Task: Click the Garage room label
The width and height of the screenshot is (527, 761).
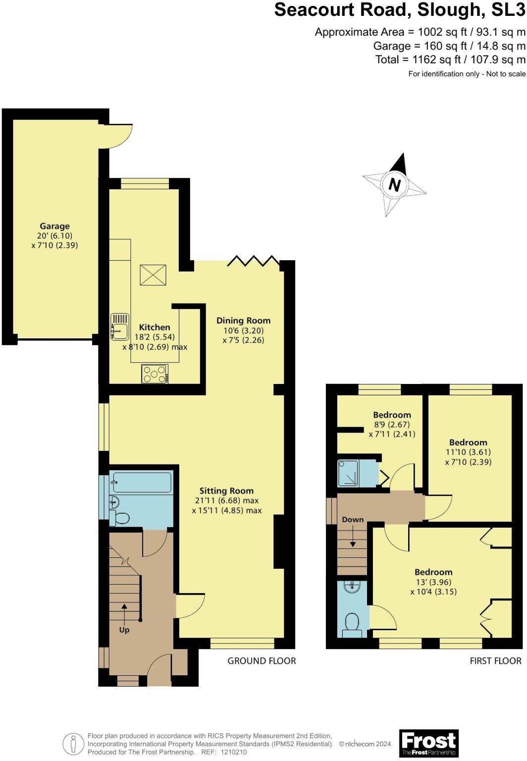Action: [54, 226]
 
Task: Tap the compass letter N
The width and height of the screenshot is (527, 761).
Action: [394, 185]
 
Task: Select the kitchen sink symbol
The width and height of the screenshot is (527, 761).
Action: [119, 326]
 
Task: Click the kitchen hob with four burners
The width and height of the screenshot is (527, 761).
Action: [155, 374]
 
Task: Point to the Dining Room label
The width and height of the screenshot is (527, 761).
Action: [243, 321]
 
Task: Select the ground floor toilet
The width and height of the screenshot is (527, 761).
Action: [120, 518]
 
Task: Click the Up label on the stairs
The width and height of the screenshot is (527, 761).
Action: [124, 630]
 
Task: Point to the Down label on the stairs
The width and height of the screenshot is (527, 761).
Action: [353, 520]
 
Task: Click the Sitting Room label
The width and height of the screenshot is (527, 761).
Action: [226, 491]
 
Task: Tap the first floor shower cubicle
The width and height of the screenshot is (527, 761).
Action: [349, 473]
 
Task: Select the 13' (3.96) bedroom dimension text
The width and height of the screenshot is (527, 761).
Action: [433, 582]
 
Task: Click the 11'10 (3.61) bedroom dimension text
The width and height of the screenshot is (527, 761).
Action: [468, 452]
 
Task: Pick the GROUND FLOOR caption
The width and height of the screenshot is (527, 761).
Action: [262, 661]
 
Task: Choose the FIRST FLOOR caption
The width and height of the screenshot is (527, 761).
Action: [495, 661]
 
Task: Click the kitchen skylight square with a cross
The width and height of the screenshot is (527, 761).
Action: [153, 275]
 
